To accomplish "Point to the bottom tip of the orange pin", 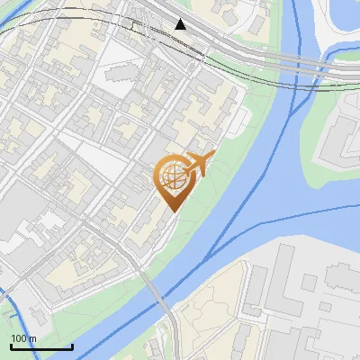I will click(x=171, y=212).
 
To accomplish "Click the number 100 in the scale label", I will click(x=19, y=338).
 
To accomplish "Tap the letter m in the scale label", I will click(x=32, y=338).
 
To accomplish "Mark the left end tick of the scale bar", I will click(x=10, y=346).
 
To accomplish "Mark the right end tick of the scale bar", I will click(x=72, y=346).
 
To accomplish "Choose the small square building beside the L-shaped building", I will click(x=309, y=283).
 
